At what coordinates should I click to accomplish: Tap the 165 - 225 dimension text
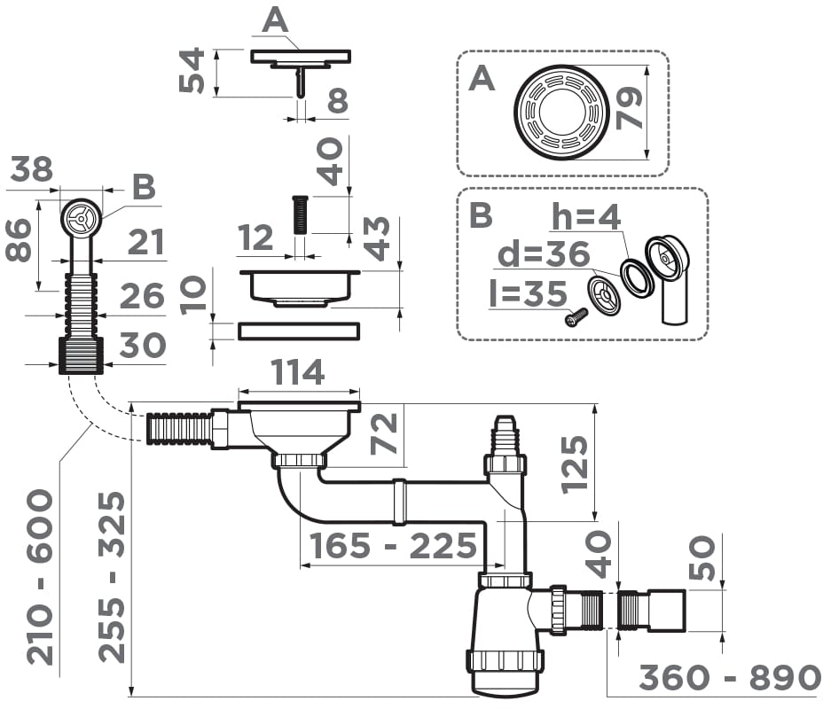(390, 545)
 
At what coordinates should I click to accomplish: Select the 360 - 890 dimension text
(730, 678)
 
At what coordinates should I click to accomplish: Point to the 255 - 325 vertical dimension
(113, 576)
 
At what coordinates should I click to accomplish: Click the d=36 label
(543, 254)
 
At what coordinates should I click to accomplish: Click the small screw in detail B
(576, 316)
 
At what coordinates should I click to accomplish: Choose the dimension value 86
(20, 240)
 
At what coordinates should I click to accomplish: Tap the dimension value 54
(192, 71)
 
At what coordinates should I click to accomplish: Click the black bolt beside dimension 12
(300, 214)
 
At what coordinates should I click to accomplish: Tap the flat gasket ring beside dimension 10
(299, 331)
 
